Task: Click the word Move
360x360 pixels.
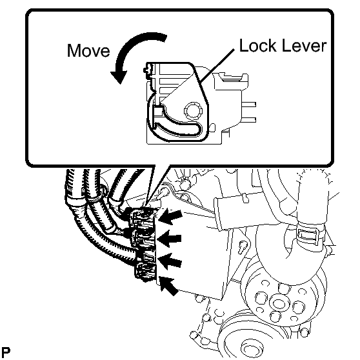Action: coord(88,50)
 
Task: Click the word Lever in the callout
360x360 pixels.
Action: coord(304,46)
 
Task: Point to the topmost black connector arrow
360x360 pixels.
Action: coord(170,217)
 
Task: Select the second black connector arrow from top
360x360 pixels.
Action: coord(170,239)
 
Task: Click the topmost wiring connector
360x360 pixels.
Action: coord(142,218)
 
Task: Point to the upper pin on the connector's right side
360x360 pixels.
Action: coord(248,105)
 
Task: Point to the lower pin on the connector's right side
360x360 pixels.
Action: coord(248,120)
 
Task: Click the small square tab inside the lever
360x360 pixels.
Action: coord(157,111)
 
